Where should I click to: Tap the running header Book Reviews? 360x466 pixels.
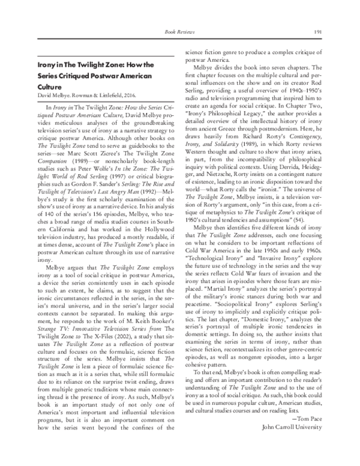coord(179,31)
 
